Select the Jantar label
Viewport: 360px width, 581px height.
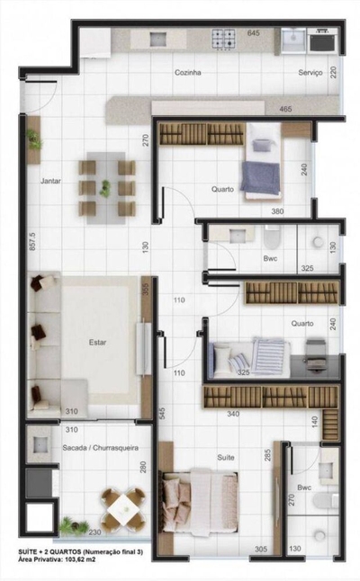coord(50,182)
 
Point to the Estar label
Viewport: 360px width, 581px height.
coord(97,342)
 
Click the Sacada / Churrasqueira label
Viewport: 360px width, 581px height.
coord(94,446)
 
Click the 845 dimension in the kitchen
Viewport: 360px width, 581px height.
coord(254,33)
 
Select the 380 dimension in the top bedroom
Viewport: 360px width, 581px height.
coord(278,212)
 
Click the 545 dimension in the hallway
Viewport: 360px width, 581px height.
coord(162,415)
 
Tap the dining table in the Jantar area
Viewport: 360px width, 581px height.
coord(106,187)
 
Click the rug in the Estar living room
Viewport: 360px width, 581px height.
coord(97,343)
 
